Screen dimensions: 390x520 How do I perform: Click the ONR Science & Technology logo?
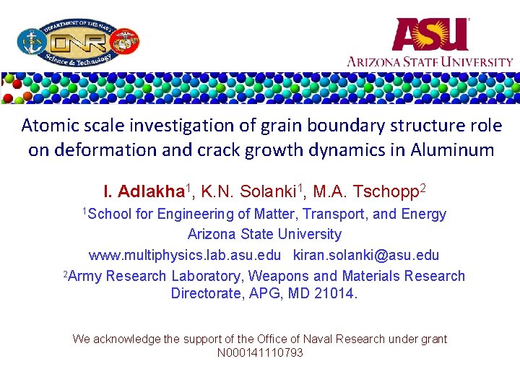(78, 41)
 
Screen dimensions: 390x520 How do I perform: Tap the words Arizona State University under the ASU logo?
(430, 61)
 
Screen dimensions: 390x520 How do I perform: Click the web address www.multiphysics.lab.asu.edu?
(184, 255)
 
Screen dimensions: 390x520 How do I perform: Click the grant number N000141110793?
(260, 352)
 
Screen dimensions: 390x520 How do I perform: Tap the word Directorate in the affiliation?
(205, 293)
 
